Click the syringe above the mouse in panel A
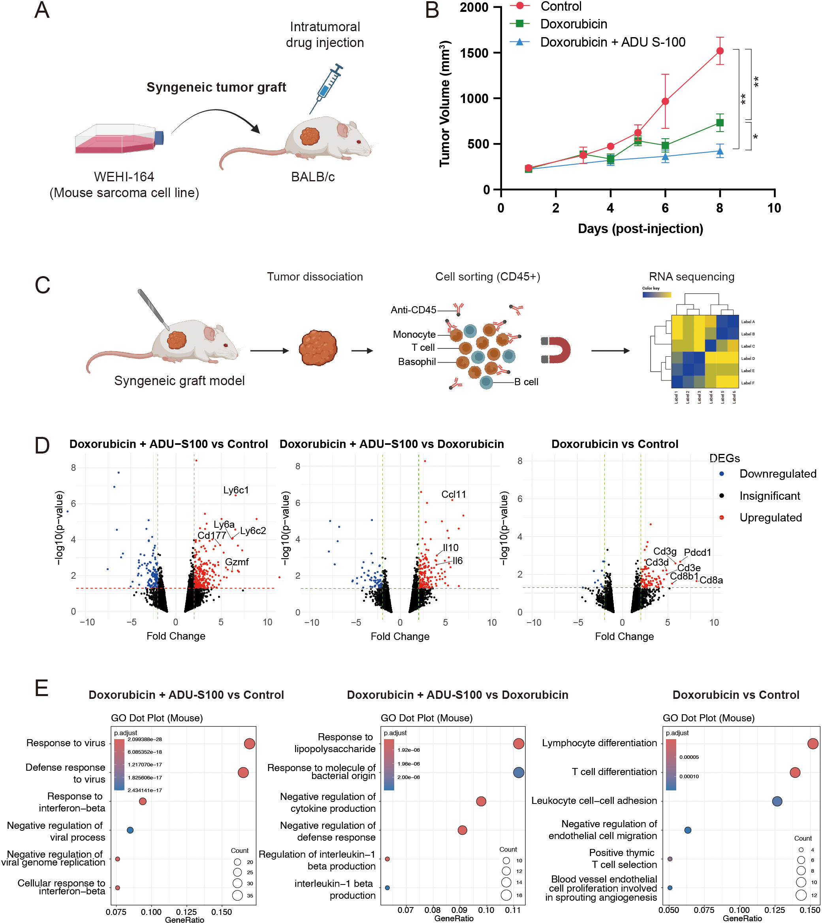pyautogui.click(x=326, y=88)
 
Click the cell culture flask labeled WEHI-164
pyautogui.click(x=119, y=139)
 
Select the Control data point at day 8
pyautogui.click(x=719, y=51)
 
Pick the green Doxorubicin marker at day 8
pyautogui.click(x=719, y=123)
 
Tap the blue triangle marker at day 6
pyautogui.click(x=665, y=157)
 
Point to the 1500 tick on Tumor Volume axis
pyautogui.click(x=474, y=53)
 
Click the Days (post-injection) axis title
pyautogui.click(x=640, y=229)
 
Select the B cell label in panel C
pyautogui.click(x=526, y=382)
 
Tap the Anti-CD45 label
pyautogui.click(x=413, y=310)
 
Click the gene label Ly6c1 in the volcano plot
pyautogui.click(x=236, y=490)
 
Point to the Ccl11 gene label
pyautogui.click(x=453, y=495)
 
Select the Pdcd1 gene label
pyautogui.click(x=697, y=552)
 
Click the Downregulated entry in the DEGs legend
pyautogui.click(x=777, y=474)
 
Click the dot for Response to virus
pyautogui.click(x=249, y=743)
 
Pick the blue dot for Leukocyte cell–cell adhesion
pyautogui.click(x=777, y=802)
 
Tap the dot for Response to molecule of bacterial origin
pyautogui.click(x=518, y=773)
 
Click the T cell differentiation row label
pyautogui.click(x=614, y=772)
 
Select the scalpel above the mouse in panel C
pyautogui.click(x=153, y=310)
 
